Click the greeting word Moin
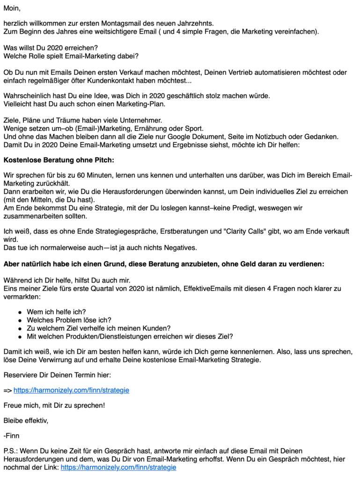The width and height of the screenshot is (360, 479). coord(12,8)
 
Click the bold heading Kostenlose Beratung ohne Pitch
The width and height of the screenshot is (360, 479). coord(59,160)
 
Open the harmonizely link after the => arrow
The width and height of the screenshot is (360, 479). coord(71,390)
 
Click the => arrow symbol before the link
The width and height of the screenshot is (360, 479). coord(7,390)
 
